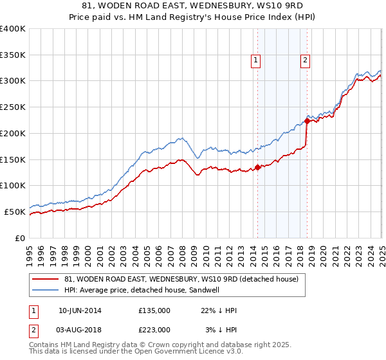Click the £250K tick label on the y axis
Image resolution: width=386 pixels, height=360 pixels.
click(12, 107)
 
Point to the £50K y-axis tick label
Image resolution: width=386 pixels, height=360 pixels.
click(14, 212)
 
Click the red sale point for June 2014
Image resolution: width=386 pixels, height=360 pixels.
click(257, 167)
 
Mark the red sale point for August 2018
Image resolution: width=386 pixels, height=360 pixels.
click(307, 121)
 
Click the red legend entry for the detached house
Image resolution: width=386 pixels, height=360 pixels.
click(181, 280)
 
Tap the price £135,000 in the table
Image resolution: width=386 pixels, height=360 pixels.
click(154, 310)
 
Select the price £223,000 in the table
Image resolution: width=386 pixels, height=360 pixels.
click(154, 330)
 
